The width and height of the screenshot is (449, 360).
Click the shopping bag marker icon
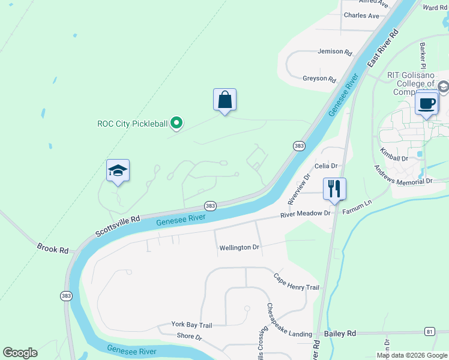pyautogui.click(x=224, y=100)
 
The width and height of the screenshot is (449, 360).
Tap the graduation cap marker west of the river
pyautogui.click(x=118, y=171)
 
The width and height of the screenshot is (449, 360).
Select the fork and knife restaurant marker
pyautogui.click(x=334, y=189)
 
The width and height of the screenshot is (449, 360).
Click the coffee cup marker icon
pyautogui.click(x=427, y=103)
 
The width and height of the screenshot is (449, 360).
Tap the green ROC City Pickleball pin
pyautogui.click(x=176, y=124)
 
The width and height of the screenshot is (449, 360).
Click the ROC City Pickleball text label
pyautogui.click(x=132, y=124)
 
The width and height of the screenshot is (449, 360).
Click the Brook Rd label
pyautogui.click(x=52, y=248)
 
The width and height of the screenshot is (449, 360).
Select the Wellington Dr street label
pyautogui.click(x=239, y=247)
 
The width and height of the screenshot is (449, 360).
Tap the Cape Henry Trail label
pyautogui.click(x=296, y=283)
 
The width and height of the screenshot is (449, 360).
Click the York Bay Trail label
pyautogui.click(x=191, y=325)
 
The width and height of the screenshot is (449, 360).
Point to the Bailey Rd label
pyautogui.click(x=340, y=333)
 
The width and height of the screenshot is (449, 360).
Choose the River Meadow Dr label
pyautogui.click(x=306, y=214)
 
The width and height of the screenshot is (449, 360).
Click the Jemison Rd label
pyautogui.click(x=334, y=52)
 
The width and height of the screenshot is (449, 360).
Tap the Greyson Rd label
pyautogui.click(x=319, y=79)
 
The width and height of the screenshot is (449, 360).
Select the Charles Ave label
pyautogui.click(x=361, y=16)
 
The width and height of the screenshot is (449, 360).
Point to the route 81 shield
pyautogui.click(x=429, y=331)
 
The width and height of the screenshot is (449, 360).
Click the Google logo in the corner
pyautogui.click(x=20, y=353)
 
